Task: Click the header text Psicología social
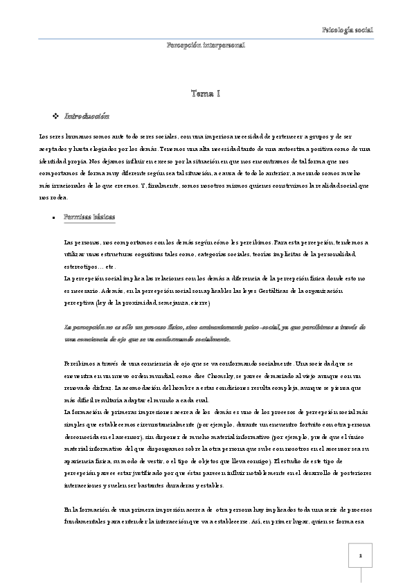[x=348, y=30]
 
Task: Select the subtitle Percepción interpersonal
[x=206, y=45]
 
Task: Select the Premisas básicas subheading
[x=89, y=217]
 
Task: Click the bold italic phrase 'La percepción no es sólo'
[x=104, y=326]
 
